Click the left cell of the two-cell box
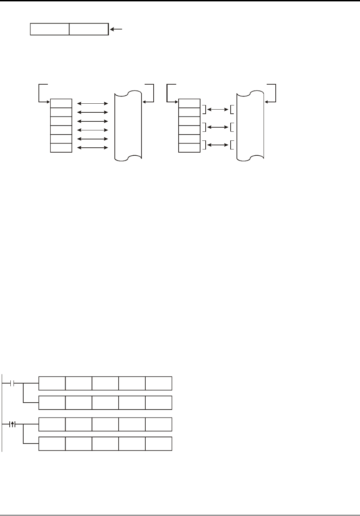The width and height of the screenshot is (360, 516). (50, 29)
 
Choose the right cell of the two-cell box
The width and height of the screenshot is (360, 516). (89, 29)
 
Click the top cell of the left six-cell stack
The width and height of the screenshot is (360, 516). (61, 103)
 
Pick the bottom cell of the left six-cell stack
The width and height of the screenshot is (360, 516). (61, 148)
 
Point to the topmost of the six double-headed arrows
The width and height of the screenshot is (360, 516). (93, 103)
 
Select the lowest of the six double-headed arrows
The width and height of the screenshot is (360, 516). (93, 148)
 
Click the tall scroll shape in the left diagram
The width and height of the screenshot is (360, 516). (128, 126)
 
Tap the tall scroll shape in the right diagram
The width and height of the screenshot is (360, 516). (250, 126)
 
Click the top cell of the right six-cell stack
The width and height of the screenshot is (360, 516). (189, 103)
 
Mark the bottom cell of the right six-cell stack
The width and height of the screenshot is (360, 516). (189, 148)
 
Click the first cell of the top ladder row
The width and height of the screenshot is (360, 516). (52, 383)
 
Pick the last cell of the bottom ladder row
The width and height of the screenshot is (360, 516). (158, 444)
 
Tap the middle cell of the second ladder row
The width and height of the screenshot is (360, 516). (105, 403)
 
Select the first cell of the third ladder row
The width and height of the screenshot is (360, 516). (52, 424)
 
